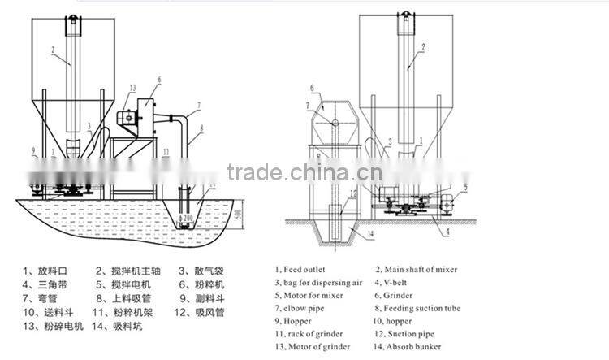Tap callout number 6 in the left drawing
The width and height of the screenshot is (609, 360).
tap(158, 80)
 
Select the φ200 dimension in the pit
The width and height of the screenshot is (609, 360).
tap(186, 219)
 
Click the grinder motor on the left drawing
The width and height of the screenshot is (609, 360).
tap(127, 118)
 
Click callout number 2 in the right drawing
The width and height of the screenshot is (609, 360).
tap(422, 49)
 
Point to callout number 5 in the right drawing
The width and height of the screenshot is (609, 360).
tap(464, 188)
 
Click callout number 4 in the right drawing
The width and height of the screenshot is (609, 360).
tap(446, 231)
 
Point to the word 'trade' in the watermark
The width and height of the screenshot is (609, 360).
tap(254, 173)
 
